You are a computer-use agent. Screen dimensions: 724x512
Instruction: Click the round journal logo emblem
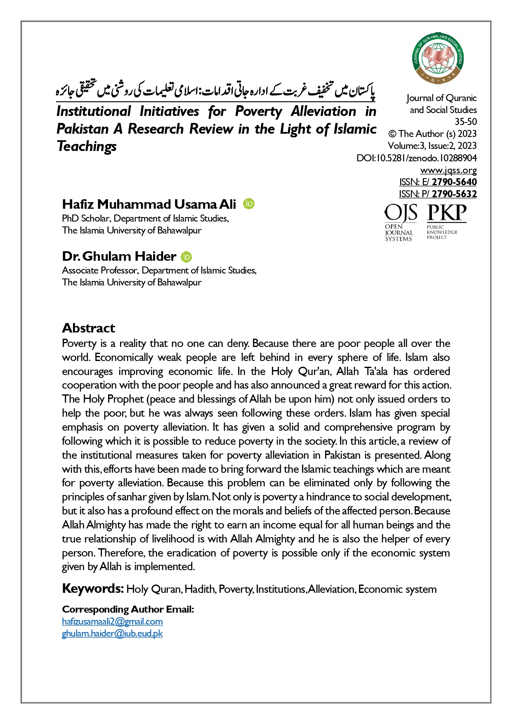pos(438,58)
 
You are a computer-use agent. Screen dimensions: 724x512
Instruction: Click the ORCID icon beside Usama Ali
pos(249,204)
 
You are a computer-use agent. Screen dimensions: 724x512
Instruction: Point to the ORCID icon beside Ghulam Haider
pos(186,257)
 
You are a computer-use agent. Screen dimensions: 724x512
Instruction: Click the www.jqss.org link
pos(448,170)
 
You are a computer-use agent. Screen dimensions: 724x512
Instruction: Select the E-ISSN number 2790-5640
pos(454,182)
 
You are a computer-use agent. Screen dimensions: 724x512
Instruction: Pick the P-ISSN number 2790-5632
pos(454,194)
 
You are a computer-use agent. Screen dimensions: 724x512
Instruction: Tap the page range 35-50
pos(465,122)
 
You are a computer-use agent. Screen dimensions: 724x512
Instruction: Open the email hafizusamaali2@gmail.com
pos(112,621)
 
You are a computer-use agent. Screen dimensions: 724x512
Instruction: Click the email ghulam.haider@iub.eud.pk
pos(112,633)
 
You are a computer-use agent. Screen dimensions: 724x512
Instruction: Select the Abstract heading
pos(88,328)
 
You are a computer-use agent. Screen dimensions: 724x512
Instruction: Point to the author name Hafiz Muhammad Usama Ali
pos(149,204)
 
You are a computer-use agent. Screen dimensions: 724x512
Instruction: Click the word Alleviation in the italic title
pos(323,111)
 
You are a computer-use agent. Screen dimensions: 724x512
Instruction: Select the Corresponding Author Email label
pos(128,609)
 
